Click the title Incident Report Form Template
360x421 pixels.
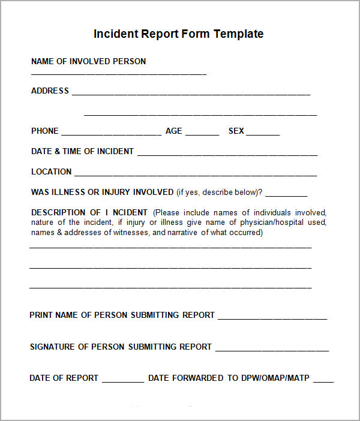(178, 34)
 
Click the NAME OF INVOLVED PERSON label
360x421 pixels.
(88, 61)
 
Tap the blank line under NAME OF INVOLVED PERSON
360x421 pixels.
(118, 73)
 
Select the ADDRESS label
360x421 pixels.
(50, 91)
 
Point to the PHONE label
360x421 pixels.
(45, 131)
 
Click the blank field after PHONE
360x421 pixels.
(111, 133)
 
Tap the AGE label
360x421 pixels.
(173, 131)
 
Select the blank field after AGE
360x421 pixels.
(202, 133)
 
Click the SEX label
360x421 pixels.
(236, 131)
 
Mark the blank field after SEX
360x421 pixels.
(263, 133)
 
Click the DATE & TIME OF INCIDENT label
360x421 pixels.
(82, 151)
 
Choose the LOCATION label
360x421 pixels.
(51, 172)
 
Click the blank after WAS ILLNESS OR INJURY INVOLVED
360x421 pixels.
(286, 194)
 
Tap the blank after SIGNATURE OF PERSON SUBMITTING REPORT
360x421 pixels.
(272, 349)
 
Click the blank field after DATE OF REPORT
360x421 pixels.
(123, 380)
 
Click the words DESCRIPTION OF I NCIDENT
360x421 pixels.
(89, 212)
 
